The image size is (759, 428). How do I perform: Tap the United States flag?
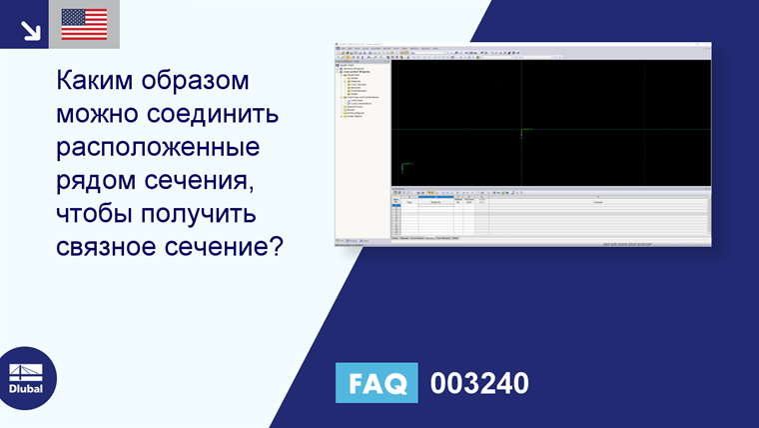tap(84, 24)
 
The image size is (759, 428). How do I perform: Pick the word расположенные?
tap(158, 148)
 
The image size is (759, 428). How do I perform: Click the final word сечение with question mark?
tap(228, 248)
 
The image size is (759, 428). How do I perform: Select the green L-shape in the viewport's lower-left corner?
tap(404, 166)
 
